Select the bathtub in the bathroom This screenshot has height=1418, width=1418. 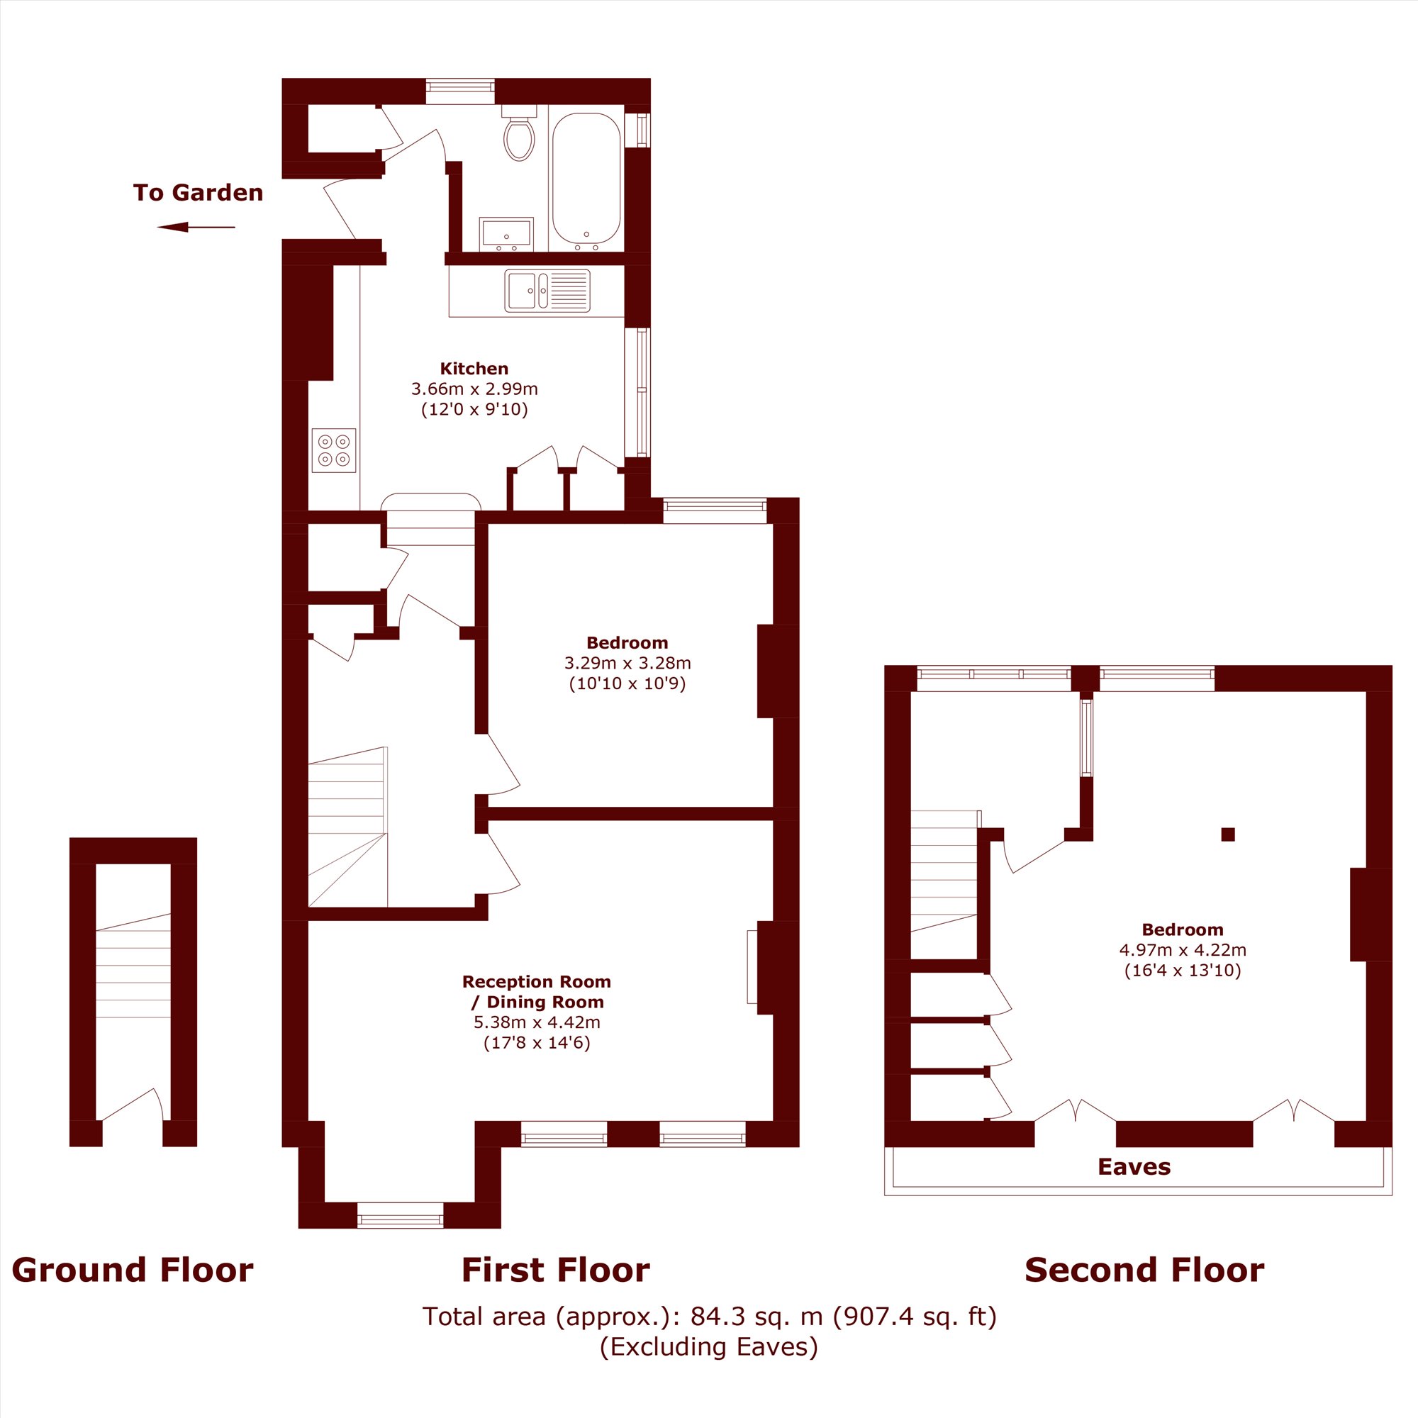pyautogui.click(x=586, y=179)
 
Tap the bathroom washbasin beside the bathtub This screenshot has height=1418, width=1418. pyautogui.click(x=506, y=233)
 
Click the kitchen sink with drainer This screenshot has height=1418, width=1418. pyautogui.click(x=547, y=291)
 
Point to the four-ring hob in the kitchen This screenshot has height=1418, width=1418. pyautogui.click(x=334, y=450)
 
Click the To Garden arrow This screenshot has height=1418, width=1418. pyautogui.click(x=196, y=228)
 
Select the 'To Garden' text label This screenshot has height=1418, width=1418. pyautogui.click(x=199, y=193)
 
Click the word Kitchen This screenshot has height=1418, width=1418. pyautogui.click(x=474, y=369)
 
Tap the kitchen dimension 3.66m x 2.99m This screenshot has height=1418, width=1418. pyautogui.click(x=474, y=389)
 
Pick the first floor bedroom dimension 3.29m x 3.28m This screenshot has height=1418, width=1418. pyautogui.click(x=627, y=664)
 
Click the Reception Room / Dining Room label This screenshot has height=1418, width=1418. pyautogui.click(x=537, y=992)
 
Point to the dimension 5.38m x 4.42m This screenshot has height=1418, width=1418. pyautogui.click(x=537, y=1022)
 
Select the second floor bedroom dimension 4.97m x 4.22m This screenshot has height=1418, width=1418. pyautogui.click(x=1183, y=950)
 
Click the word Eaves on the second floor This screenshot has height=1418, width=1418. pyautogui.click(x=1134, y=1167)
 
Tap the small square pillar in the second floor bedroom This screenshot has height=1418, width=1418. pyautogui.click(x=1228, y=834)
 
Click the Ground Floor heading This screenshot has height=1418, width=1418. pyautogui.click(x=132, y=1271)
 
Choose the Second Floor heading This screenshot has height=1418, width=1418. pyautogui.click(x=1144, y=1271)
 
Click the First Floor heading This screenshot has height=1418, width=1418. pyautogui.click(x=556, y=1271)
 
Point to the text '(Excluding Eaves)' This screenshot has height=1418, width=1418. pyautogui.click(x=708, y=1347)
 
